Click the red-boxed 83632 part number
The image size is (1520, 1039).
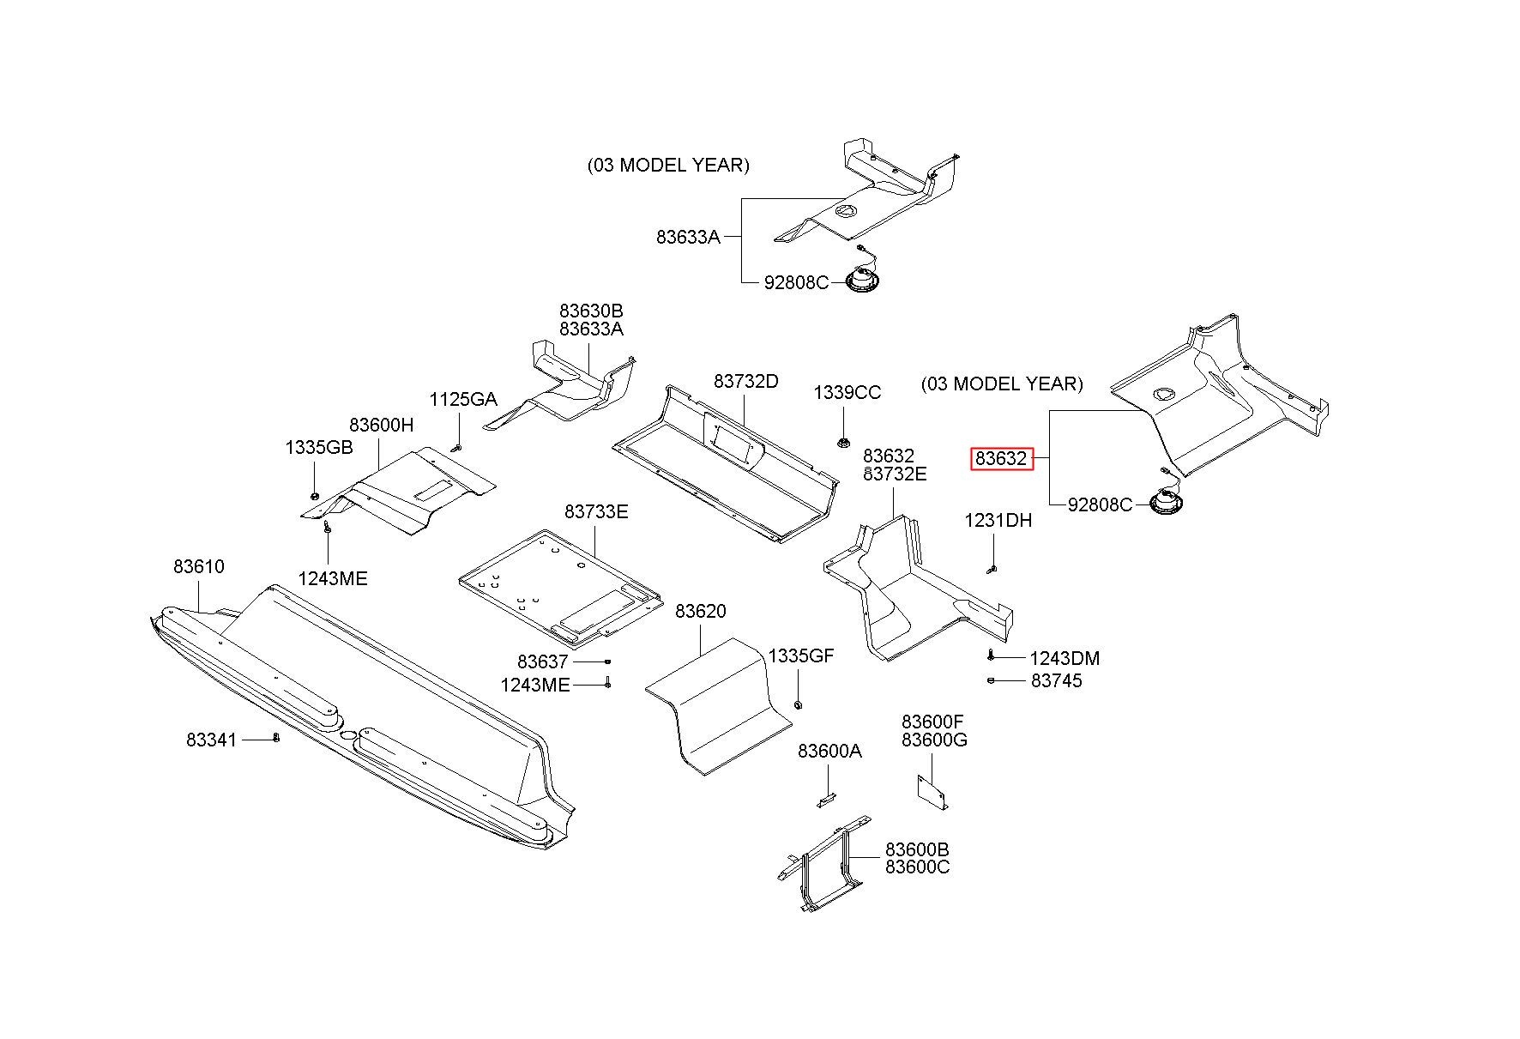click(x=1000, y=459)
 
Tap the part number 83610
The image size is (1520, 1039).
click(x=199, y=566)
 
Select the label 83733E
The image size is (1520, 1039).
click(x=596, y=511)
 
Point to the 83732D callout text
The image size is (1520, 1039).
click(x=746, y=381)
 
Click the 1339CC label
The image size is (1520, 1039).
click(x=847, y=392)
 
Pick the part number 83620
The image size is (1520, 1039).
click(x=701, y=611)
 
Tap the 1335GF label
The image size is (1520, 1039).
click(x=801, y=656)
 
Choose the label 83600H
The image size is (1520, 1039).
click(x=382, y=425)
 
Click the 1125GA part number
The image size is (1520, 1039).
click(x=463, y=399)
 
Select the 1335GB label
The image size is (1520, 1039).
click(x=319, y=448)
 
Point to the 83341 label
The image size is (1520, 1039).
click(x=211, y=739)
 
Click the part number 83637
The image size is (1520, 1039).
click(x=543, y=661)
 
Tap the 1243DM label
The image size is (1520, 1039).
click(x=1065, y=658)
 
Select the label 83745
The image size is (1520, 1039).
click(x=1057, y=680)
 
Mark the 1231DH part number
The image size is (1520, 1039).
click(x=998, y=521)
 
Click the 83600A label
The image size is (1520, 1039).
click(x=830, y=751)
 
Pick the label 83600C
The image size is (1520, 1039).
click(x=918, y=867)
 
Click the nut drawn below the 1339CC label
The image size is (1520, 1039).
click(x=843, y=443)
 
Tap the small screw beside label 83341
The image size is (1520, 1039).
click(x=276, y=737)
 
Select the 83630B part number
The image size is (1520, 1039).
click(x=592, y=311)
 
